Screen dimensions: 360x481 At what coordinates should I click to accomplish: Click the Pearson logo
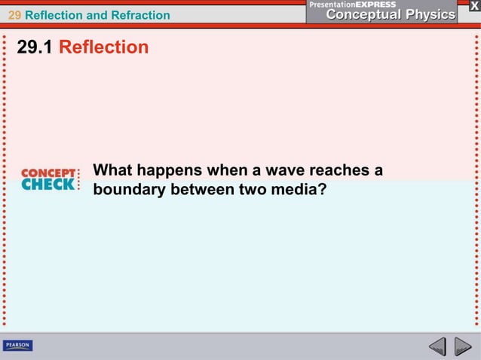pos(17,346)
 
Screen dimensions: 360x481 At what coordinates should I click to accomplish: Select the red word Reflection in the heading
pos(103,47)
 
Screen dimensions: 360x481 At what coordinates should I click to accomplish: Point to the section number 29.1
pos(35,47)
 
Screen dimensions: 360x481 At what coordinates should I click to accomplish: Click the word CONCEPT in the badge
pos(49,172)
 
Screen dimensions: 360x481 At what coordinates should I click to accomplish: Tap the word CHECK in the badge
pos(47,184)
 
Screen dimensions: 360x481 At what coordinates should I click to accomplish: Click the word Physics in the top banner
pos(426,14)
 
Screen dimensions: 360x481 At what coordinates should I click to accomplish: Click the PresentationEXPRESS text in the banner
pos(353,5)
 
